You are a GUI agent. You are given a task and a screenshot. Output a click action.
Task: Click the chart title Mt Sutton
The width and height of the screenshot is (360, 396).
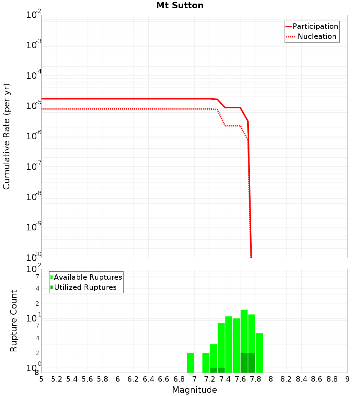click(180, 6)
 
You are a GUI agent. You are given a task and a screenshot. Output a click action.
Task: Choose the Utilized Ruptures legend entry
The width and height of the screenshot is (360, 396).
click(85, 287)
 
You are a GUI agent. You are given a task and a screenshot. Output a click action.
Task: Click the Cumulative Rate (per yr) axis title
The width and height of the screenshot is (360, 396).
click(6, 136)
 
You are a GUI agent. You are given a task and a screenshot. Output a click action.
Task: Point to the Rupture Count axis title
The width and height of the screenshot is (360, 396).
click(14, 321)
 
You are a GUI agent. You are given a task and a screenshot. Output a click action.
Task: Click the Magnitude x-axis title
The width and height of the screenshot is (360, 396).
click(194, 390)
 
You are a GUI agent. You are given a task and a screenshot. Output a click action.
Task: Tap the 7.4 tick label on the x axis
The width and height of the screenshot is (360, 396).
click(225, 379)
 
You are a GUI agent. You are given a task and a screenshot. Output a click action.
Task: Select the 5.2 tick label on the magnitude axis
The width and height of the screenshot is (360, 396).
click(57, 379)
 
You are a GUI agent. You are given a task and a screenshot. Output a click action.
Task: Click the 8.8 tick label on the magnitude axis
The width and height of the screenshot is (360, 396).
click(332, 379)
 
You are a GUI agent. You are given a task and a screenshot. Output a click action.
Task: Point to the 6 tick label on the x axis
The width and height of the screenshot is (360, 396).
click(118, 379)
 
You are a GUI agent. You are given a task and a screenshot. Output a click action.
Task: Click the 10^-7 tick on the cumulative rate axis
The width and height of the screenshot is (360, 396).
click(33, 167)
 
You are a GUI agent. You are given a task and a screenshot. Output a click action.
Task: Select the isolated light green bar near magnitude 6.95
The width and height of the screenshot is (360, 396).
click(191, 363)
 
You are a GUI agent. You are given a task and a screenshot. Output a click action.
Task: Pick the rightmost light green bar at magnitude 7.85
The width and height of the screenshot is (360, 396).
click(259, 353)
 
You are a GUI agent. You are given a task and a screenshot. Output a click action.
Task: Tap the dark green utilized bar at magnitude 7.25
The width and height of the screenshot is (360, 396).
click(213, 370)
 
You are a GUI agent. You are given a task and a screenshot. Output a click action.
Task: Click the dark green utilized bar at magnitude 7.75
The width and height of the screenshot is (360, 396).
click(252, 363)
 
